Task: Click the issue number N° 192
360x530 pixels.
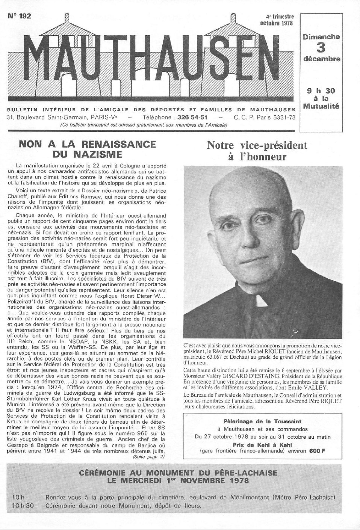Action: (x=19, y=16)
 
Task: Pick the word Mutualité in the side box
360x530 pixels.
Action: (x=321, y=106)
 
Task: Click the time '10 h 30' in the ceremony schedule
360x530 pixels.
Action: (x=23, y=506)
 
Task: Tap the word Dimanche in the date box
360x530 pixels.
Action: (x=321, y=37)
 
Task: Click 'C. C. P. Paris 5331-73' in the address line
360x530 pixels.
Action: (x=264, y=118)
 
